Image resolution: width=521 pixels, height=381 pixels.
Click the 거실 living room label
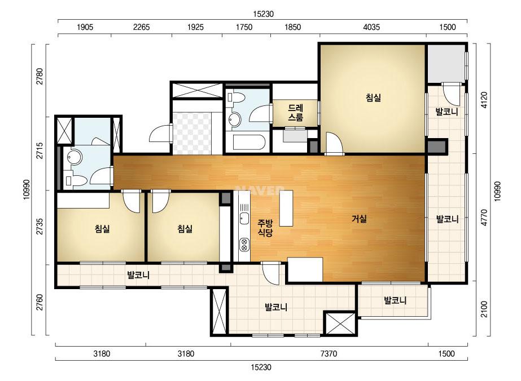click(359, 219)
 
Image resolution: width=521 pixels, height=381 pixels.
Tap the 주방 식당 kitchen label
click(265, 228)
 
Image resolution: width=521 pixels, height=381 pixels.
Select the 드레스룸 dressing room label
click(295, 113)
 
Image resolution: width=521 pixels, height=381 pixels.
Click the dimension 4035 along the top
click(371, 27)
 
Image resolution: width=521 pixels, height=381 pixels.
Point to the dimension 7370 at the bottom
click(329, 354)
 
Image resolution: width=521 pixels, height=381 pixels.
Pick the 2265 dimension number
click(142, 27)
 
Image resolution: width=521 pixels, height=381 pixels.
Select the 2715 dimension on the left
click(40, 150)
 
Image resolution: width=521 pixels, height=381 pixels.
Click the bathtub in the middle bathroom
click(248, 142)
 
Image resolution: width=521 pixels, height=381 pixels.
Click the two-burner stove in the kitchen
click(244, 245)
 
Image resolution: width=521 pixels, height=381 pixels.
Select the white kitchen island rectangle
click(286, 208)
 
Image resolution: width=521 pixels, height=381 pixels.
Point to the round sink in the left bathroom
click(75, 157)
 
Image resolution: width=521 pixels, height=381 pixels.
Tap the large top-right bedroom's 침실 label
click(373, 98)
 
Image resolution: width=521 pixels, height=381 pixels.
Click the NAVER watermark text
click(260, 191)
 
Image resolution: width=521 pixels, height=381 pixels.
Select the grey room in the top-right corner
click(445, 63)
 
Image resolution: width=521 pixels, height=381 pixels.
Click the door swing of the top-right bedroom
click(334, 143)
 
